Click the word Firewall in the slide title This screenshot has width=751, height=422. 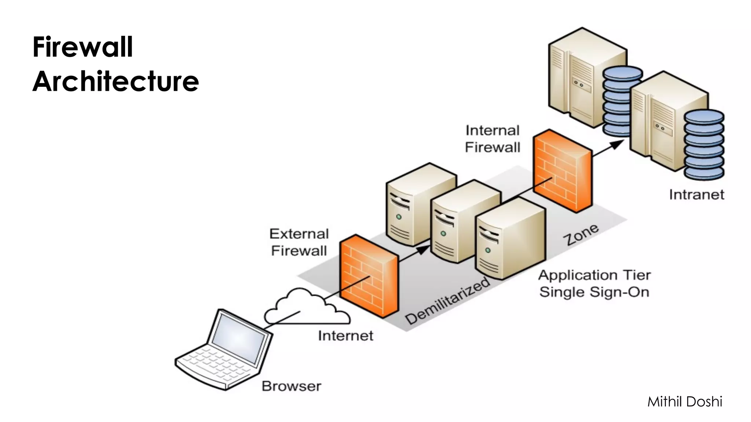tap(83, 47)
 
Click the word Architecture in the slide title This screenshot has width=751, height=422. tap(116, 81)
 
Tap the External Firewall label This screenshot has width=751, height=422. tap(299, 242)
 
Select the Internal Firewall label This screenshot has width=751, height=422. tap(492, 139)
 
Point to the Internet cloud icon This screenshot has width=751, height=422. tap(306, 308)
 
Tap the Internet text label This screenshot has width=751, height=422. tap(345, 336)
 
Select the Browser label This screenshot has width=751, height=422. tap(292, 386)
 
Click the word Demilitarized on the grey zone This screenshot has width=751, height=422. tap(447, 301)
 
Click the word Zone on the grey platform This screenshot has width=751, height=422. tap(581, 235)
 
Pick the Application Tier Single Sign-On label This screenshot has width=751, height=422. tap(594, 284)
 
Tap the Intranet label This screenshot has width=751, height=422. tap(696, 195)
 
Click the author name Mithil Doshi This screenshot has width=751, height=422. tap(685, 402)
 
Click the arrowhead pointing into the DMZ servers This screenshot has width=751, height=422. tap(423, 250)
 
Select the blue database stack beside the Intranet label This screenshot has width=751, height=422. tap(704, 145)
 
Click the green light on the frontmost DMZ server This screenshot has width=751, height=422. tap(488, 251)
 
